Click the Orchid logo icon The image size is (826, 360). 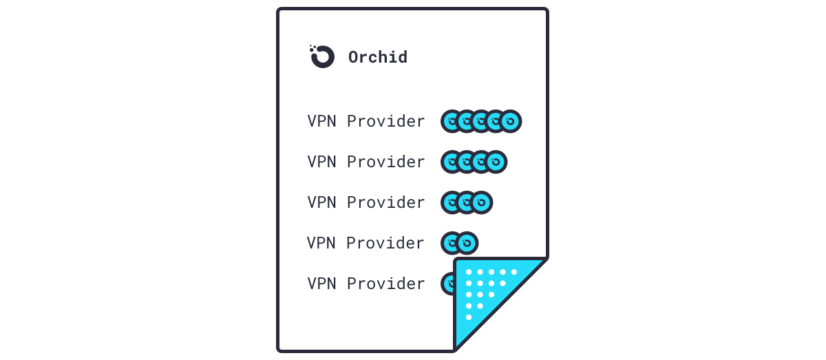coord(322,56)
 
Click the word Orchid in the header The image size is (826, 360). coord(378,57)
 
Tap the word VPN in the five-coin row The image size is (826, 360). coord(321,121)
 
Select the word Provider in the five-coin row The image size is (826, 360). coord(386,122)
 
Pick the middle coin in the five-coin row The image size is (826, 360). coord(480,121)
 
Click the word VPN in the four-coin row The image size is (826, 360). coord(321,162)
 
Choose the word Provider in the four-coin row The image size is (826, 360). coord(386,162)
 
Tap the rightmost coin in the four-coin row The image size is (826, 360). coord(496,162)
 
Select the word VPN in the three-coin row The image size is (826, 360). coord(321,202)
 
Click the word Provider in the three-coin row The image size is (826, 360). coord(386,203)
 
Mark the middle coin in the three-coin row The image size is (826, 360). coord(466,202)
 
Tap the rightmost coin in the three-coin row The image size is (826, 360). coord(481,202)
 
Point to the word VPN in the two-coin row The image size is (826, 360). coord(321,243)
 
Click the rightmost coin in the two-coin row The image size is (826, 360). coord(467,243)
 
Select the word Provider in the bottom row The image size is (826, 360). coord(386,284)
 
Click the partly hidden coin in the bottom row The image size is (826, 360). coord(447,283)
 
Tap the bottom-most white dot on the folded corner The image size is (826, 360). coord(469,317)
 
